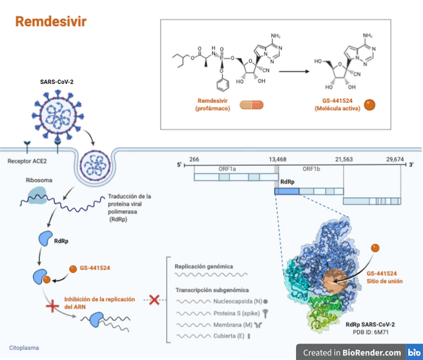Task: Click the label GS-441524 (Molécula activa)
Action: pos(338,104)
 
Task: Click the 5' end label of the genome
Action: pos(181,165)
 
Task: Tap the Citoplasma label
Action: pos(24,348)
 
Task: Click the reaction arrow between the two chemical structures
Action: pos(298,71)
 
